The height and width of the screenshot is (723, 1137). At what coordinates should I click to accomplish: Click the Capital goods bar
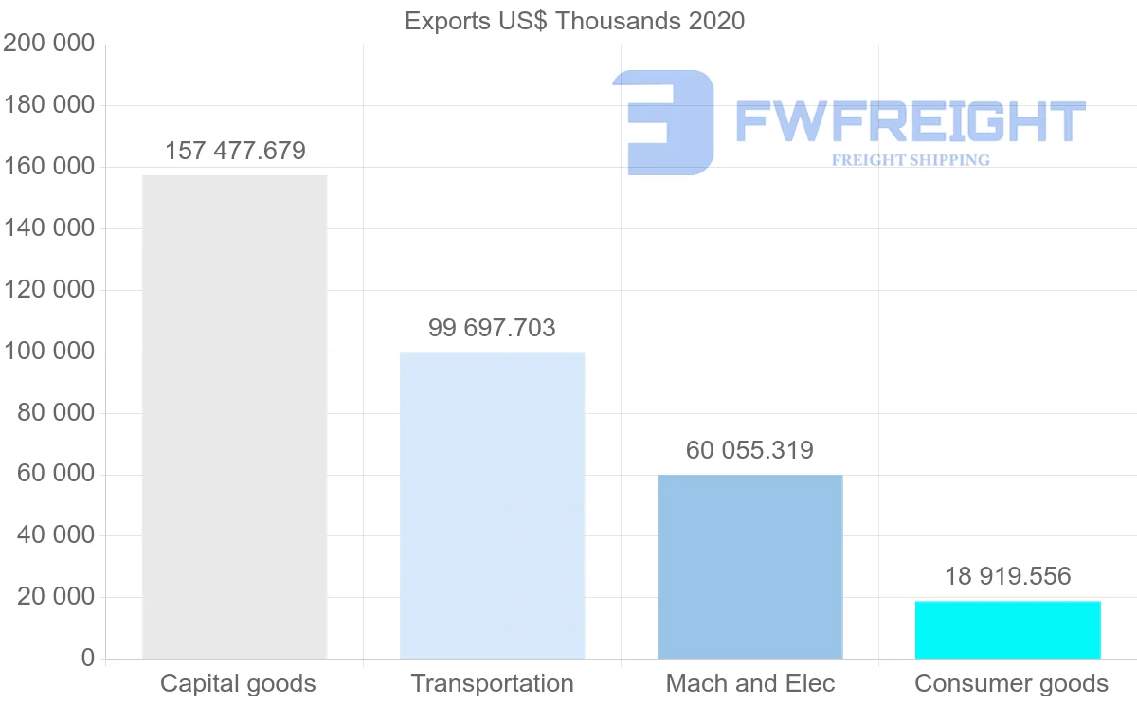click(x=234, y=417)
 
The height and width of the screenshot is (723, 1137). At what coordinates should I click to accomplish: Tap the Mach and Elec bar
click(x=749, y=567)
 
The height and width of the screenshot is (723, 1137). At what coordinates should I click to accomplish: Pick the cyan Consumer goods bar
click(x=1007, y=630)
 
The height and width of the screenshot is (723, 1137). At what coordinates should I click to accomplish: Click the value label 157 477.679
click(x=235, y=152)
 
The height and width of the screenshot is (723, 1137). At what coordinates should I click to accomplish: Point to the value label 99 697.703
click(x=492, y=329)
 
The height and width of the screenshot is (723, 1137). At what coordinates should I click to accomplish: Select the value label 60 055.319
click(x=749, y=451)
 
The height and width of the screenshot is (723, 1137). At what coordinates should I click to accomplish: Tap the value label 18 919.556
click(x=1007, y=576)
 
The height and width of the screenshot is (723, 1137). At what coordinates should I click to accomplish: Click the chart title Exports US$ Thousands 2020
click(x=574, y=21)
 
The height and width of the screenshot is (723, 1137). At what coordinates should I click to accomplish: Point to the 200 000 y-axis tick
click(x=49, y=44)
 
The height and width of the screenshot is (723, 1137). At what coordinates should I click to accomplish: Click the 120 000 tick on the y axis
click(x=49, y=290)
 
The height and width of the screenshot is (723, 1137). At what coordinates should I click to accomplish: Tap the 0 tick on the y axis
click(x=88, y=659)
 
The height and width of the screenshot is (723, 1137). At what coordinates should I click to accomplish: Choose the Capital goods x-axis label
click(x=238, y=684)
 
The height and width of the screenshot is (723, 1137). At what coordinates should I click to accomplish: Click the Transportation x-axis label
click(x=492, y=684)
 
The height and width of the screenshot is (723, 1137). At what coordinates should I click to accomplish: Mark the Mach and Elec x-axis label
click(x=750, y=684)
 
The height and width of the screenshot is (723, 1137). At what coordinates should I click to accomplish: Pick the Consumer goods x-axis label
click(x=1011, y=684)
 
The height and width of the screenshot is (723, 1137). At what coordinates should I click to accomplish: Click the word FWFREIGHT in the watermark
click(x=910, y=122)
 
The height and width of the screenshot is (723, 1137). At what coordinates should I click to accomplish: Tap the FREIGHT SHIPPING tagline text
click(x=911, y=160)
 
